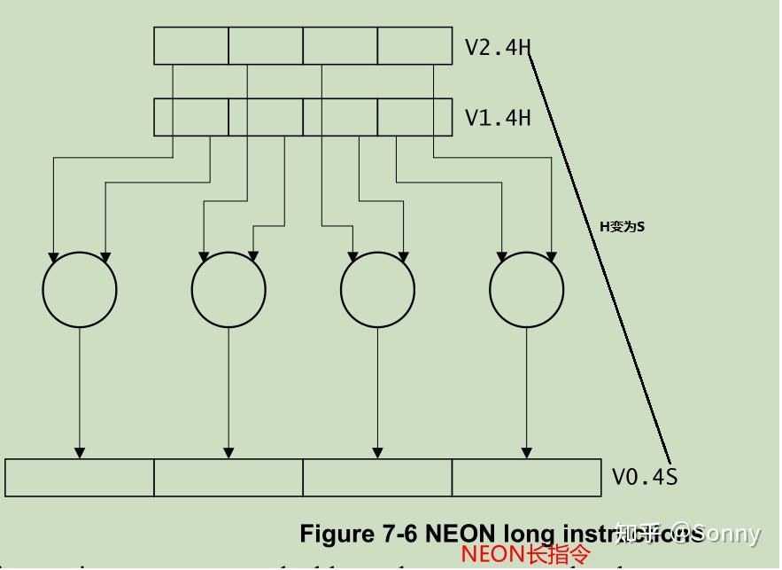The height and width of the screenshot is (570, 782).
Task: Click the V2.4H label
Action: pyautogui.click(x=498, y=47)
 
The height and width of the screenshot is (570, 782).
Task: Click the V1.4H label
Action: pyautogui.click(x=498, y=117)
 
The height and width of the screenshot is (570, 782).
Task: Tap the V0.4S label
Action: pyautogui.click(x=645, y=477)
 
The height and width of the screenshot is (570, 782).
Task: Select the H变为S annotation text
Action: pyautogui.click(x=622, y=227)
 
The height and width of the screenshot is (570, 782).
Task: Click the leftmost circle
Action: pyautogui.click(x=80, y=289)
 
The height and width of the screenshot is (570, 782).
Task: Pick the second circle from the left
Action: pyautogui.click(x=228, y=289)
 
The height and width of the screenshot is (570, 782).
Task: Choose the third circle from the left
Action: pyautogui.click(x=378, y=289)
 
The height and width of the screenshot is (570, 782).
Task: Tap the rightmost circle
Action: pyautogui.click(x=527, y=289)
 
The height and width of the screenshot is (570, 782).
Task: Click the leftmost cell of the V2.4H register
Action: pyautogui.click(x=191, y=46)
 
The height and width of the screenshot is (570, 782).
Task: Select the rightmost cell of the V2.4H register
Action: pyautogui.click(x=414, y=46)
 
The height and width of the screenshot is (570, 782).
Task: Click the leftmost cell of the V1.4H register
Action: pyautogui.click(x=191, y=117)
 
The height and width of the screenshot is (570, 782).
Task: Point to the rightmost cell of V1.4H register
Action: pyautogui.click(x=414, y=117)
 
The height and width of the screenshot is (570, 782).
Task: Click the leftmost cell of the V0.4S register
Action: pyautogui.click(x=80, y=478)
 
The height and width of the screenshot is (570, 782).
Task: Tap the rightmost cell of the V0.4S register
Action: pyautogui.click(x=527, y=478)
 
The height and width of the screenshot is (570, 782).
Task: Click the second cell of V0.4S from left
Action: pyautogui.click(x=228, y=478)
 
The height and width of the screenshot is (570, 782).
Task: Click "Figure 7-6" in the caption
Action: pyautogui.click(x=359, y=534)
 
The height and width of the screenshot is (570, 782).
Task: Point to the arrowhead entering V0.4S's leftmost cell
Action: pyautogui.click(x=80, y=453)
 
